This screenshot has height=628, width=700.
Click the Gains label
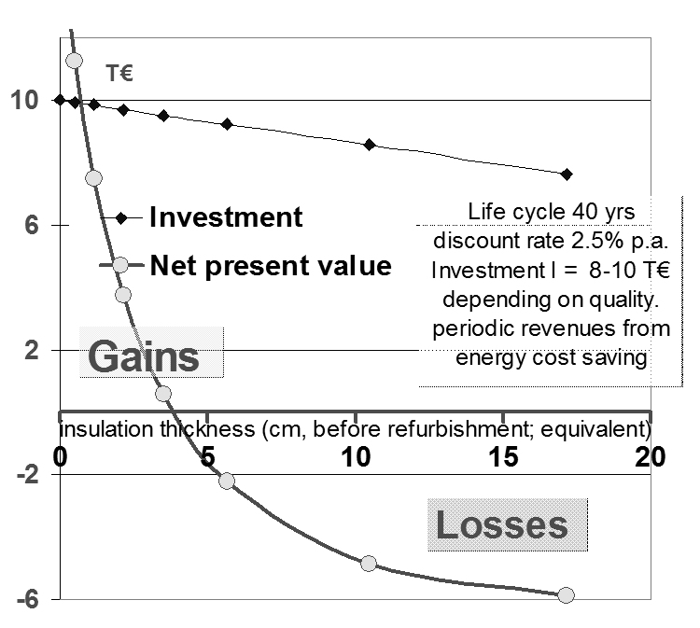coord(144,356)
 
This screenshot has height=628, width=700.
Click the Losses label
coord(502,524)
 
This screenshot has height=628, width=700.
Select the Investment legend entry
coord(226,217)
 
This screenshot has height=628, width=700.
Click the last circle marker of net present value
coord(566,595)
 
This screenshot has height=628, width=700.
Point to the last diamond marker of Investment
coord(567,174)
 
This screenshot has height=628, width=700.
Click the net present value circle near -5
coord(368,564)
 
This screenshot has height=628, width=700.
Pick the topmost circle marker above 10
coord(75,61)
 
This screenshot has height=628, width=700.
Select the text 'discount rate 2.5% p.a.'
coord(549,240)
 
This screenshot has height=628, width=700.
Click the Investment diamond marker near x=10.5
coord(370,145)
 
